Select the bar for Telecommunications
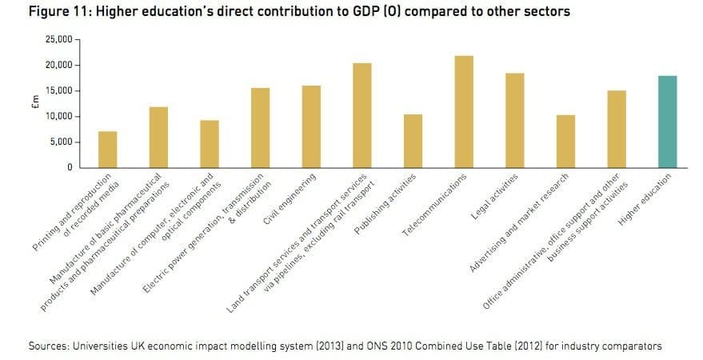pyautogui.click(x=463, y=112)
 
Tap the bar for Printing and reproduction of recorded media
pyautogui.click(x=107, y=150)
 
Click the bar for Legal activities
pyautogui.click(x=514, y=121)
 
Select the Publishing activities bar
pyautogui.click(x=413, y=141)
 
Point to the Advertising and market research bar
pyautogui.click(x=565, y=142)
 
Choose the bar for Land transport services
pyautogui.click(x=361, y=115)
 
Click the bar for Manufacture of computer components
pyautogui.click(x=209, y=144)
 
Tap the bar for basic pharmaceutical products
pyautogui.click(x=158, y=137)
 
